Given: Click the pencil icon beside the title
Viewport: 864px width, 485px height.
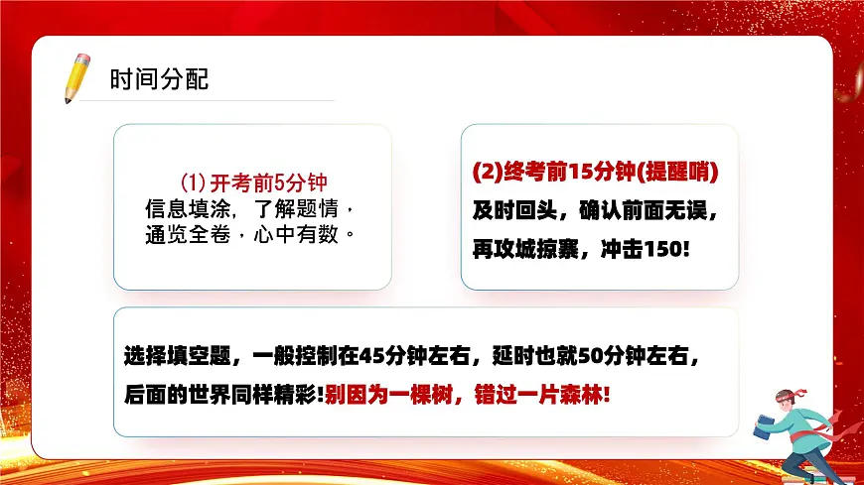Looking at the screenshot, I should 75,78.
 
